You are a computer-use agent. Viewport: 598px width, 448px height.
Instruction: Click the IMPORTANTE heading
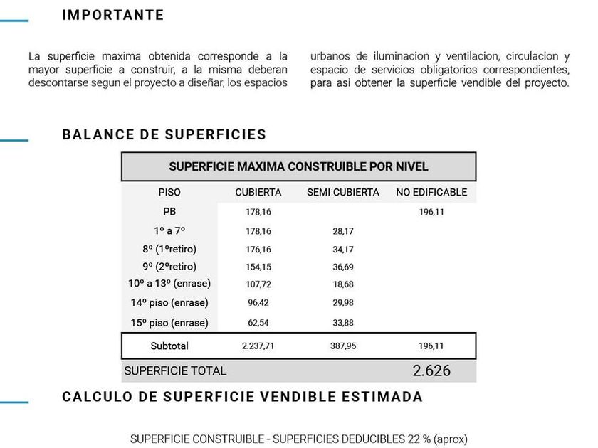[x=112, y=15]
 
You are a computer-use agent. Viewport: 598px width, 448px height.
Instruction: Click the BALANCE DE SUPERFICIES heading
[x=164, y=134]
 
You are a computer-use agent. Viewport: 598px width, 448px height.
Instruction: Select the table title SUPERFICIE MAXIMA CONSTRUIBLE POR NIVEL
[x=298, y=166]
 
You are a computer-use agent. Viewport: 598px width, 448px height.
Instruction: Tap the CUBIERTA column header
[x=258, y=192]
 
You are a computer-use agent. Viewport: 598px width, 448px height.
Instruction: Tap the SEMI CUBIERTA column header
[x=342, y=192]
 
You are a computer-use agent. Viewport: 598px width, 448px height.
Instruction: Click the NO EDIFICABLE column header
[x=431, y=192]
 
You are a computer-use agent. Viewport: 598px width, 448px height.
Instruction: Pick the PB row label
[x=169, y=211]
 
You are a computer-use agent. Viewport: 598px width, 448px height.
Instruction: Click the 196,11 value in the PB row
[x=431, y=212]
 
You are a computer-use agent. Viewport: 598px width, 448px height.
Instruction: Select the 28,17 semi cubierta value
[x=342, y=231]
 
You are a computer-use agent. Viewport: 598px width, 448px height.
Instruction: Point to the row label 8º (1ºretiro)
[x=169, y=249]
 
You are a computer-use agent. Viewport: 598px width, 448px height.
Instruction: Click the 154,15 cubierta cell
[x=258, y=267]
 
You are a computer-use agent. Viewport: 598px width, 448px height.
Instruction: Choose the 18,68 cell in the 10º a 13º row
[x=342, y=284]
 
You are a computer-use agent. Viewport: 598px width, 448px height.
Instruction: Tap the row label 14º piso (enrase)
[x=169, y=302]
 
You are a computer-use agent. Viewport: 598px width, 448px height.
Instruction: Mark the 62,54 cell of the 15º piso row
[x=258, y=323]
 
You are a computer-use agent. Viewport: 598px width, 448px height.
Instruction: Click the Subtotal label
[x=169, y=346]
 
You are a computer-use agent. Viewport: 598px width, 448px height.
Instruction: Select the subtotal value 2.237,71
[x=258, y=346]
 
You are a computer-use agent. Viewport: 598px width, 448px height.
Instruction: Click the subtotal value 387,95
[x=342, y=346]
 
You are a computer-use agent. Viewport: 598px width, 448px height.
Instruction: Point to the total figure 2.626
[x=431, y=370]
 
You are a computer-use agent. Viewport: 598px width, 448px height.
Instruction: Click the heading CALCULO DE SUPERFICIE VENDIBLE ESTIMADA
[x=242, y=397]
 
